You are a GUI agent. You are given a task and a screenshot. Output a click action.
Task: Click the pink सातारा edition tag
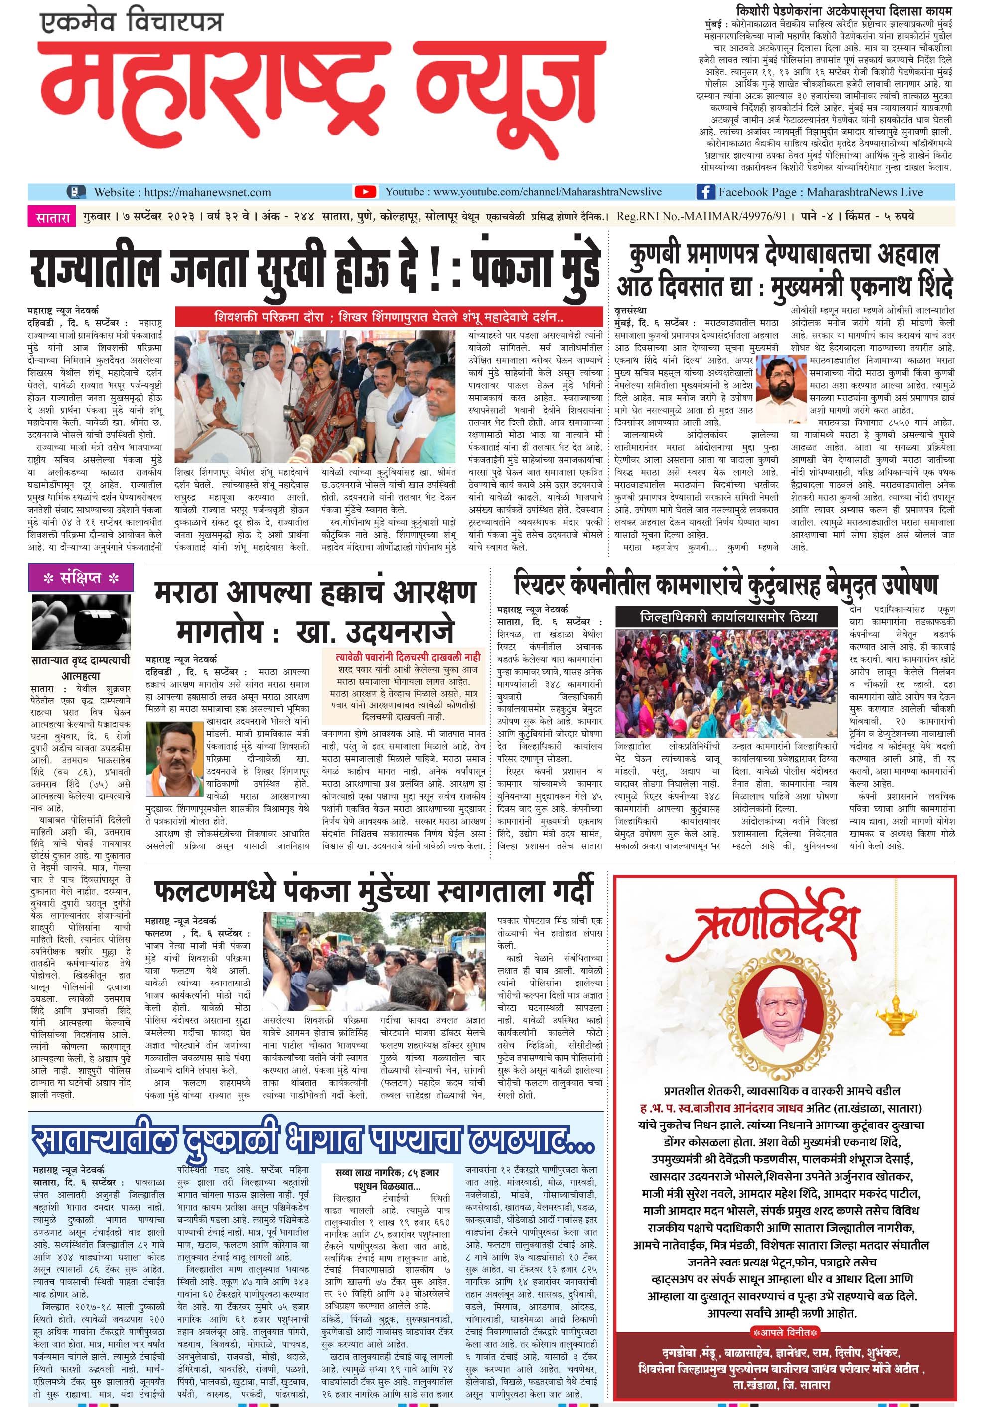pyautogui.click(x=52, y=216)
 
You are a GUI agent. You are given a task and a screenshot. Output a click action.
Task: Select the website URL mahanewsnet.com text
pyautogui.click(x=182, y=192)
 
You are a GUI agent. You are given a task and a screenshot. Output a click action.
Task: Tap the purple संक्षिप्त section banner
pyautogui.click(x=81, y=578)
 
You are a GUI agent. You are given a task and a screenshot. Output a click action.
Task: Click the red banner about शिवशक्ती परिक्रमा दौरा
pyautogui.click(x=389, y=317)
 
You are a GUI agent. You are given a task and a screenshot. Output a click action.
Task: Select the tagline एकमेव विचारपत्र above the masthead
pyautogui.click(x=131, y=23)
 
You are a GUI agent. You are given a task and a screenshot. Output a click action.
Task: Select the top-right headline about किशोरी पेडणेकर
pyautogui.click(x=844, y=11)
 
